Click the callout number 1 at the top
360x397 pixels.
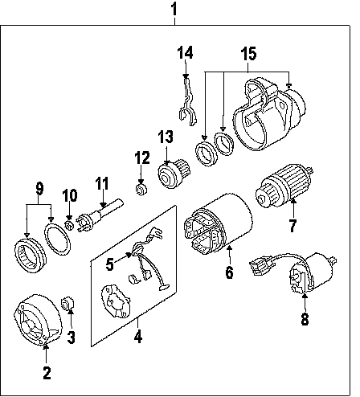point(174,9)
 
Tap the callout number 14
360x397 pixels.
point(185,52)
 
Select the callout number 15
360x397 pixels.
point(248,54)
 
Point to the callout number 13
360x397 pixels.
point(166,137)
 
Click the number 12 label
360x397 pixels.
point(142,158)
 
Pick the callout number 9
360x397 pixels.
point(39,189)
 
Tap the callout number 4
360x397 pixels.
point(138,336)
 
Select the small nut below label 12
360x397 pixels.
point(141,190)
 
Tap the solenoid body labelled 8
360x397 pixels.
point(313,273)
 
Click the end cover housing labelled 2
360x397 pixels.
point(38,320)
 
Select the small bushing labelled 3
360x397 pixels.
point(67,304)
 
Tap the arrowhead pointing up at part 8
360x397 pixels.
point(305,296)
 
